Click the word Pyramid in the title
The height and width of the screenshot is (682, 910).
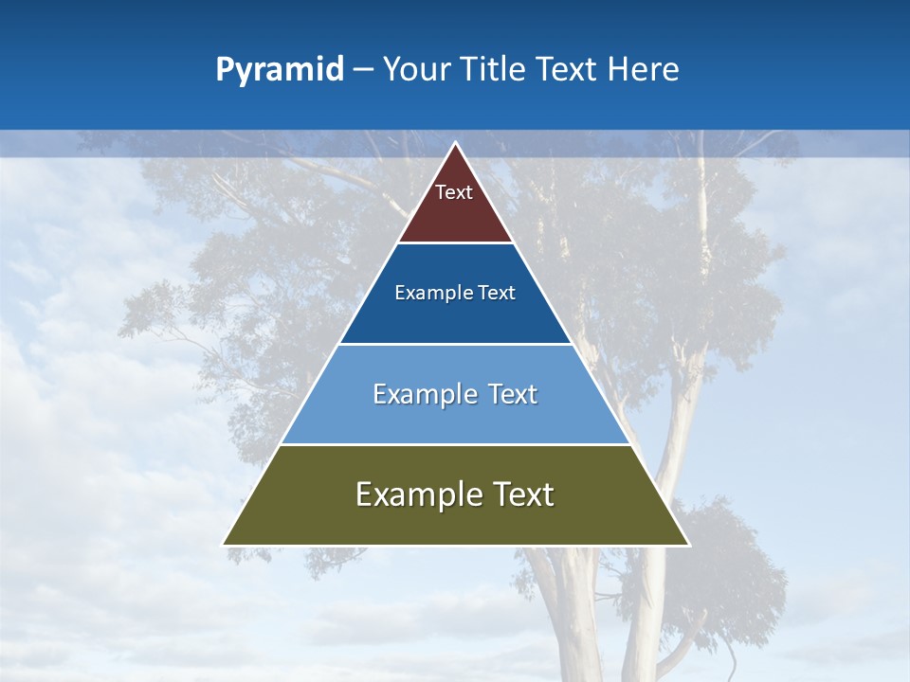(279, 70)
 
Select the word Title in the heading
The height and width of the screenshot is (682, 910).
(496, 70)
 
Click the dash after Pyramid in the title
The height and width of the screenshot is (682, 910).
(363, 70)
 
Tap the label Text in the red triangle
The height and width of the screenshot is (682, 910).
(454, 192)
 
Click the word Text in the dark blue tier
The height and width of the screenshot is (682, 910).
(497, 294)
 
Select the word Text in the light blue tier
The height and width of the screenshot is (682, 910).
(513, 394)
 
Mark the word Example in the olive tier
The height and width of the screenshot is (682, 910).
(415, 494)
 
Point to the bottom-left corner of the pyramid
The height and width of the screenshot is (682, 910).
(225, 544)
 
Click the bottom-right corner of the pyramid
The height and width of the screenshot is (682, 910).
(687, 544)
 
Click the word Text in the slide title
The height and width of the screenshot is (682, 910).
(570, 70)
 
